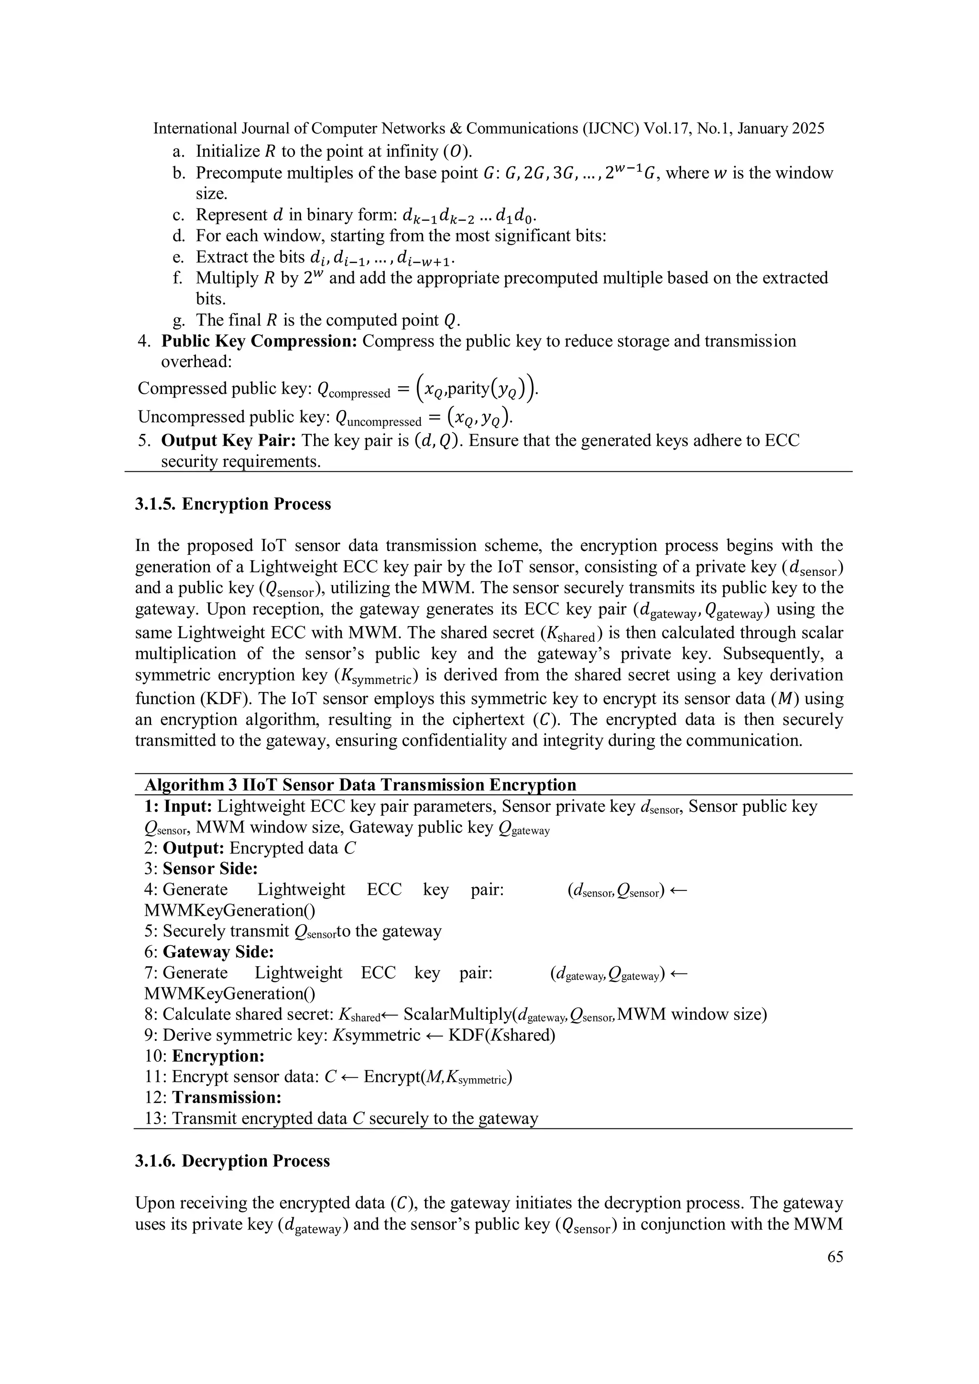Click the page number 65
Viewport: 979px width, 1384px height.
pyautogui.click(x=835, y=1257)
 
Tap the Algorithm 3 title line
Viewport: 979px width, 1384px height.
pyautogui.click(x=360, y=784)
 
